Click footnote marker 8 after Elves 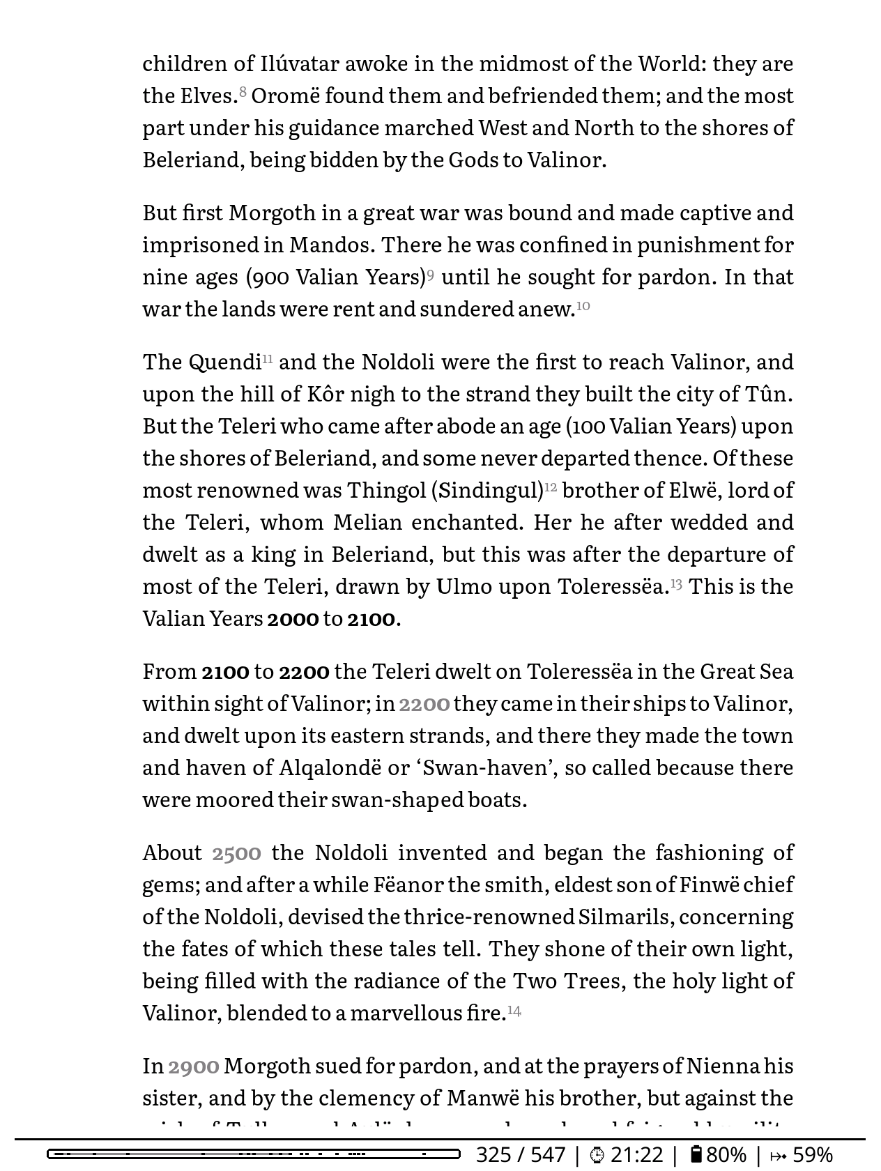(243, 91)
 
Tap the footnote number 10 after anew (583, 305)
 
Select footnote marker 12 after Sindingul (551, 487)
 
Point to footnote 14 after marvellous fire (514, 1010)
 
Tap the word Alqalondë (330, 767)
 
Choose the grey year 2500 (236, 852)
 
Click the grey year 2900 (194, 1066)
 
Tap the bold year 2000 (293, 618)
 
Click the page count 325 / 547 (520, 1155)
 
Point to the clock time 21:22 (636, 1155)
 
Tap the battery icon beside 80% (696, 1154)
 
